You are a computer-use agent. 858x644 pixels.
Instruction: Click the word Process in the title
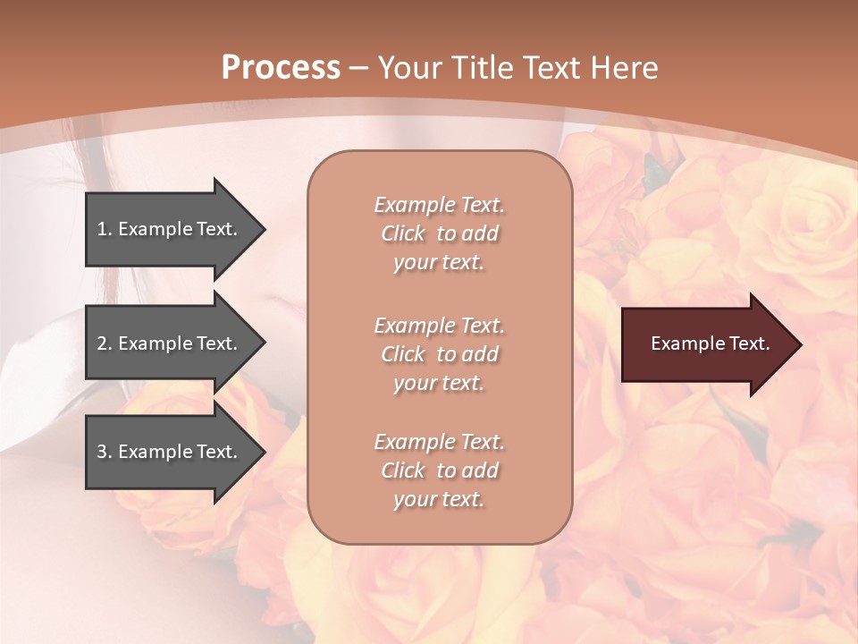tap(281, 68)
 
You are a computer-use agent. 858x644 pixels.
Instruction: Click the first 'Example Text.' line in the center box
tap(439, 205)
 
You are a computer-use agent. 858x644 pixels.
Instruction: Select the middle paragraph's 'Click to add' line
tap(439, 354)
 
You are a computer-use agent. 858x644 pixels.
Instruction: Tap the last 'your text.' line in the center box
tap(439, 499)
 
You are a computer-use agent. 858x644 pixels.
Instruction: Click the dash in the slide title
tap(359, 68)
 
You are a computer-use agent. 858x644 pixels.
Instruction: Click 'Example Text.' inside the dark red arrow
tap(710, 343)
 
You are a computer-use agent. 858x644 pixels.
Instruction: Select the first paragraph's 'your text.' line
tap(439, 262)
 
